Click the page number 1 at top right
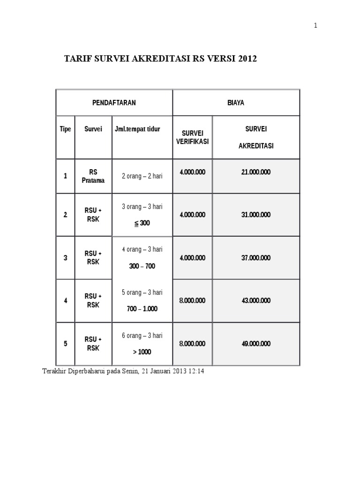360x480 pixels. (316, 26)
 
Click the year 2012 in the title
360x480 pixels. (247, 60)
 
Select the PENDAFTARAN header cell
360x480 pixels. (114, 103)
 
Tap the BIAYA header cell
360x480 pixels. (236, 103)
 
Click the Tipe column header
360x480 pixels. (65, 129)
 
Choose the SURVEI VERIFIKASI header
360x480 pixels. (192, 137)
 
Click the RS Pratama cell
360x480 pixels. (93, 176)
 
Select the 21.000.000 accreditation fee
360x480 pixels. (256, 172)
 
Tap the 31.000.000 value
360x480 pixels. (256, 215)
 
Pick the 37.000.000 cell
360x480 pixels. (256, 258)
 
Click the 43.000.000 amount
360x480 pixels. (256, 300)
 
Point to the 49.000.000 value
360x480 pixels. (256, 344)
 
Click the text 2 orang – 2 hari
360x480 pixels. (142, 176)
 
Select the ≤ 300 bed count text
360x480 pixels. (142, 223)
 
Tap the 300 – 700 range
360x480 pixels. (142, 266)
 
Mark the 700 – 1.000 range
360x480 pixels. (142, 309)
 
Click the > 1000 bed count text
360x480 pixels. (142, 352)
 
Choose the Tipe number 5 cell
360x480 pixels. (65, 344)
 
